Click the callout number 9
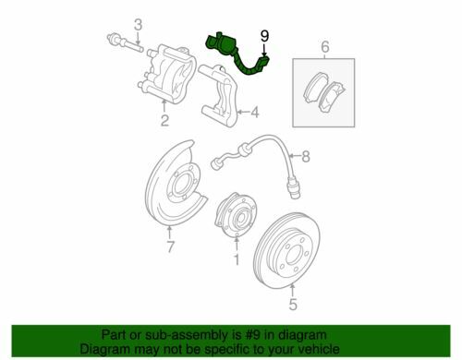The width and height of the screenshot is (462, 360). pyautogui.click(x=264, y=36)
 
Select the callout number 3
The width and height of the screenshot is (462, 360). pyautogui.click(x=139, y=25)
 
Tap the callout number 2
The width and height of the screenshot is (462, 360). pyautogui.click(x=164, y=120)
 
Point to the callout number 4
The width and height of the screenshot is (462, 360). pyautogui.click(x=255, y=113)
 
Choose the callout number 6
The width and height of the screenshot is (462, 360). pyautogui.click(x=325, y=47)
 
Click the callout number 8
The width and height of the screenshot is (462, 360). pyautogui.click(x=305, y=157)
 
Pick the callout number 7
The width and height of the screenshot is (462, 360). pyautogui.click(x=170, y=246)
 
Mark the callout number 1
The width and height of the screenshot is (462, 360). pyautogui.click(x=237, y=260)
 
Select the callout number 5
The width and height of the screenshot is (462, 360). pyautogui.click(x=293, y=305)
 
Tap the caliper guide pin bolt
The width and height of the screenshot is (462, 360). pyautogui.click(x=126, y=43)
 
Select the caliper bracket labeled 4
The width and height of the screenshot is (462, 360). pyautogui.click(x=219, y=95)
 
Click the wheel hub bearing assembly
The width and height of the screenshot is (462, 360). pyautogui.click(x=237, y=215)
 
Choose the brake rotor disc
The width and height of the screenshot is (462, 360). pyautogui.click(x=286, y=251)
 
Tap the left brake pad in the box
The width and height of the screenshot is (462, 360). pyautogui.click(x=315, y=87)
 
